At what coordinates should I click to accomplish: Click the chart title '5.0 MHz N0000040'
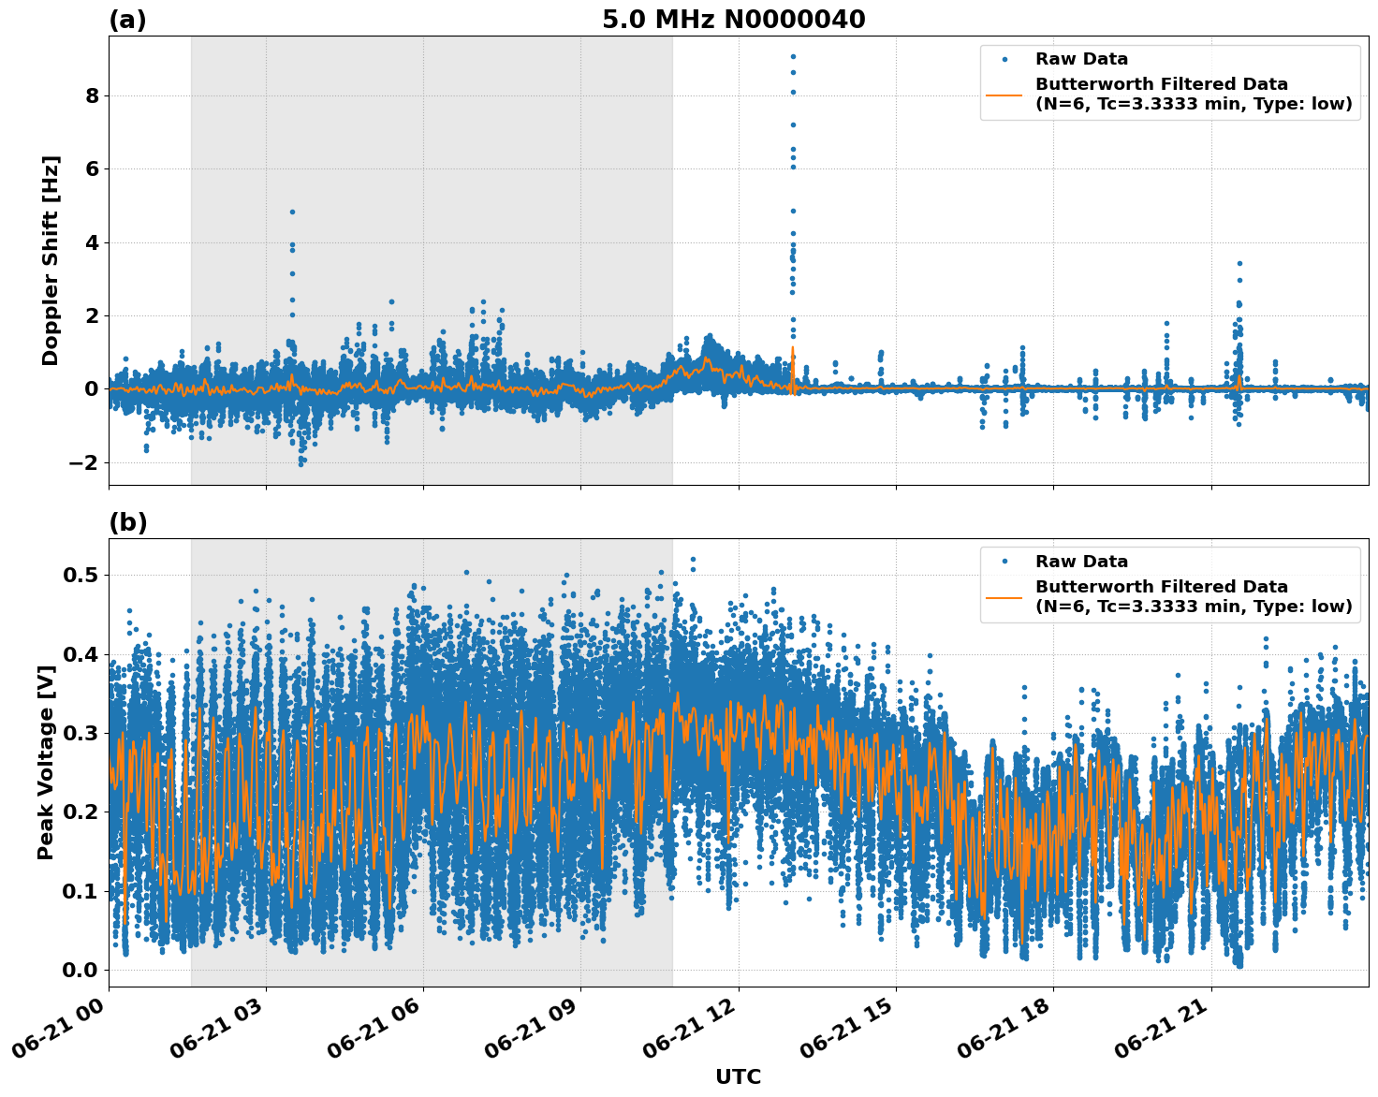pyautogui.click(x=733, y=20)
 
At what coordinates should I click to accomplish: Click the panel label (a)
pyautogui.click(x=127, y=20)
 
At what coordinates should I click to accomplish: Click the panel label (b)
pyautogui.click(x=127, y=522)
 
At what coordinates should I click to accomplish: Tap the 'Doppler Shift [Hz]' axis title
pyautogui.click(x=51, y=260)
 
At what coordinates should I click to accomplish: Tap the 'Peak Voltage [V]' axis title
pyautogui.click(x=46, y=762)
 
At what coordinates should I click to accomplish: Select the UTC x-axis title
pyautogui.click(x=738, y=1076)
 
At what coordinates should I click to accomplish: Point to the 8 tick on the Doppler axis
pyautogui.click(x=92, y=95)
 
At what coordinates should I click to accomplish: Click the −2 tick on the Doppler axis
pyautogui.click(x=83, y=462)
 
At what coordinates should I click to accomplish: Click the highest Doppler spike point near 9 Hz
pyautogui.click(x=793, y=56)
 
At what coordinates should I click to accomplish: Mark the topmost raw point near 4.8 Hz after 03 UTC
pyautogui.click(x=292, y=212)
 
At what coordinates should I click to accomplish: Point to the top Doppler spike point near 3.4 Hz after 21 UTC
pyautogui.click(x=1239, y=264)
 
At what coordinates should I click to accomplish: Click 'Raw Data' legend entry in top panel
pyautogui.click(x=1081, y=59)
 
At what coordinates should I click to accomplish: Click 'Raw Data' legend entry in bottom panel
pyautogui.click(x=1081, y=562)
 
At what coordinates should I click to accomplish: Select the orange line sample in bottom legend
pyautogui.click(x=1004, y=596)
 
